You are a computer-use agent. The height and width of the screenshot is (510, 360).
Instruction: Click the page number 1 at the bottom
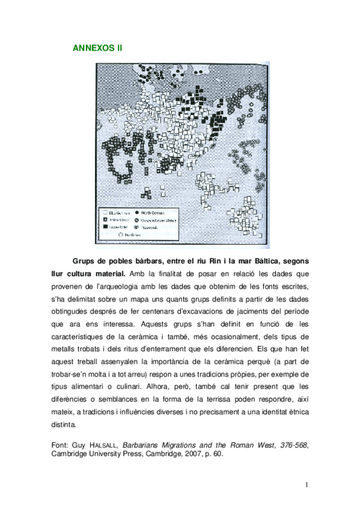coord(306,485)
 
